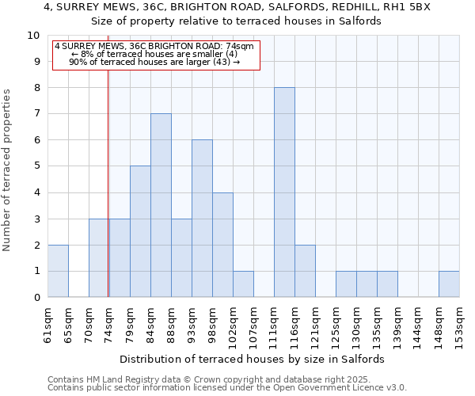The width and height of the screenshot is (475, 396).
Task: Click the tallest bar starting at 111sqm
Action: coord(284,192)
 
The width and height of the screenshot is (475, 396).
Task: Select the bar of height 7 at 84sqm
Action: coord(161,205)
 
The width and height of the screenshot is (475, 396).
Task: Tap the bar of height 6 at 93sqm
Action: coord(202,219)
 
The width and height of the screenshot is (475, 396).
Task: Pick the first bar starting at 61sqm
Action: coord(58,271)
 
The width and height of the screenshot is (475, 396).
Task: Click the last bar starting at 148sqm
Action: coord(449,284)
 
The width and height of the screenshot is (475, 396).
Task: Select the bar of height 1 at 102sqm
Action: coord(243,284)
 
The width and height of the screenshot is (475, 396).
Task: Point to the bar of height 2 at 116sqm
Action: coord(305,271)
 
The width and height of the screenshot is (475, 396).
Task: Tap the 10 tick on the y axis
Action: coord(33,36)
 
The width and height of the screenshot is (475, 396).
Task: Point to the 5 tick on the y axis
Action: coord(36,166)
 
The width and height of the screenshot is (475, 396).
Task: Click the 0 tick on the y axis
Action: coord(36,298)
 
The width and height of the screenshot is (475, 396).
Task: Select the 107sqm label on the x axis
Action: coord(254,324)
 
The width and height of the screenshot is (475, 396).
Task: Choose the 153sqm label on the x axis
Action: coord(460,324)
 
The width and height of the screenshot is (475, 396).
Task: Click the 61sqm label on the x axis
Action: coord(48,324)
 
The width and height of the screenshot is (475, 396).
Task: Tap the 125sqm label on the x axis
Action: coord(336,324)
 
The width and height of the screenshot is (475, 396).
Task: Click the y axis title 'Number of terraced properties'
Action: coord(8,170)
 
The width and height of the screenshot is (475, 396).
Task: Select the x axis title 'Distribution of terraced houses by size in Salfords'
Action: coord(253,359)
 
